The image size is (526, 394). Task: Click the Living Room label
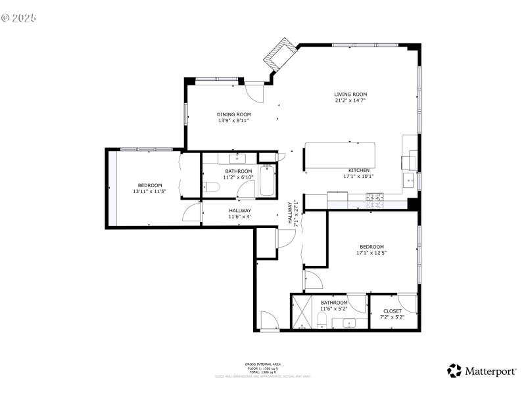(350, 95)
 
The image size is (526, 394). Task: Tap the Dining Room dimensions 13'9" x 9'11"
(234, 121)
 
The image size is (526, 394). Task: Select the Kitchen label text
(358, 170)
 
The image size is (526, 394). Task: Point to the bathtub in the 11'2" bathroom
(267, 181)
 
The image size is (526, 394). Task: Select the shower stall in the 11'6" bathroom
(302, 313)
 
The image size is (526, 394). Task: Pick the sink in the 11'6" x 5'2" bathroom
(347, 322)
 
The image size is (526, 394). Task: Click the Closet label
(392, 311)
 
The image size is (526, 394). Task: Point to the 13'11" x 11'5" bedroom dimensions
(149, 191)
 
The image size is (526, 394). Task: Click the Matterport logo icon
(454, 371)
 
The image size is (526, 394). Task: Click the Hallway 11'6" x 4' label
(239, 213)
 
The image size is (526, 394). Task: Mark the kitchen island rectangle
(340, 154)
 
